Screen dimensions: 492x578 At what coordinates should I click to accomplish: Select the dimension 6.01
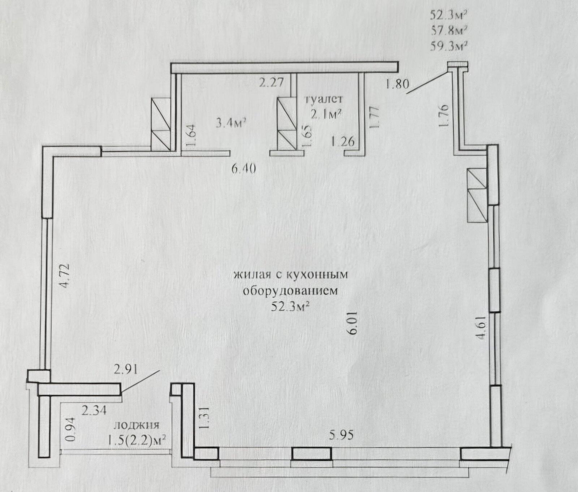click(x=353, y=325)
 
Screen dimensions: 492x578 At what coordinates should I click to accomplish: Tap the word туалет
click(x=324, y=99)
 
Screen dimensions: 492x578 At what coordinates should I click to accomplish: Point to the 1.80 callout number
click(x=397, y=85)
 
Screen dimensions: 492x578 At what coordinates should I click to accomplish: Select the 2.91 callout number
click(x=125, y=371)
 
